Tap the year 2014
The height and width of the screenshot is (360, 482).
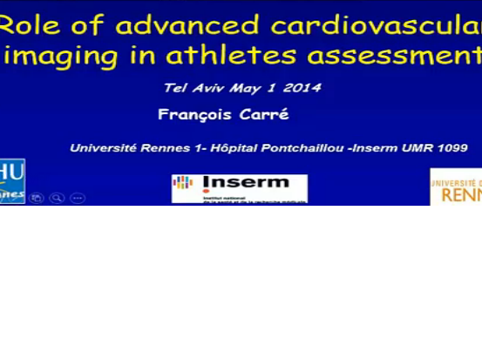coord(303,87)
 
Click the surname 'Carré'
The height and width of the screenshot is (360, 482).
coord(266,114)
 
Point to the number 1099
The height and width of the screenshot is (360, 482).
coord(452,148)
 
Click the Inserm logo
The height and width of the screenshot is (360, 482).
coord(239,188)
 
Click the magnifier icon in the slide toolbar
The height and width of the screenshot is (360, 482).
coord(57,198)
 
